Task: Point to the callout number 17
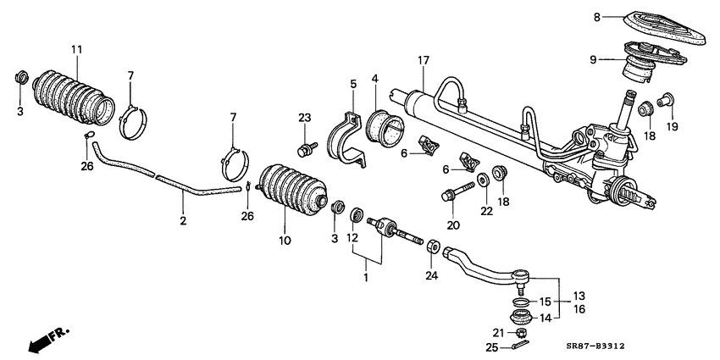(x=422, y=60)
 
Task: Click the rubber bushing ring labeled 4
(x=385, y=127)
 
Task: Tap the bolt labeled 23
(x=303, y=150)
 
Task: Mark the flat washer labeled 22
(x=482, y=180)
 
